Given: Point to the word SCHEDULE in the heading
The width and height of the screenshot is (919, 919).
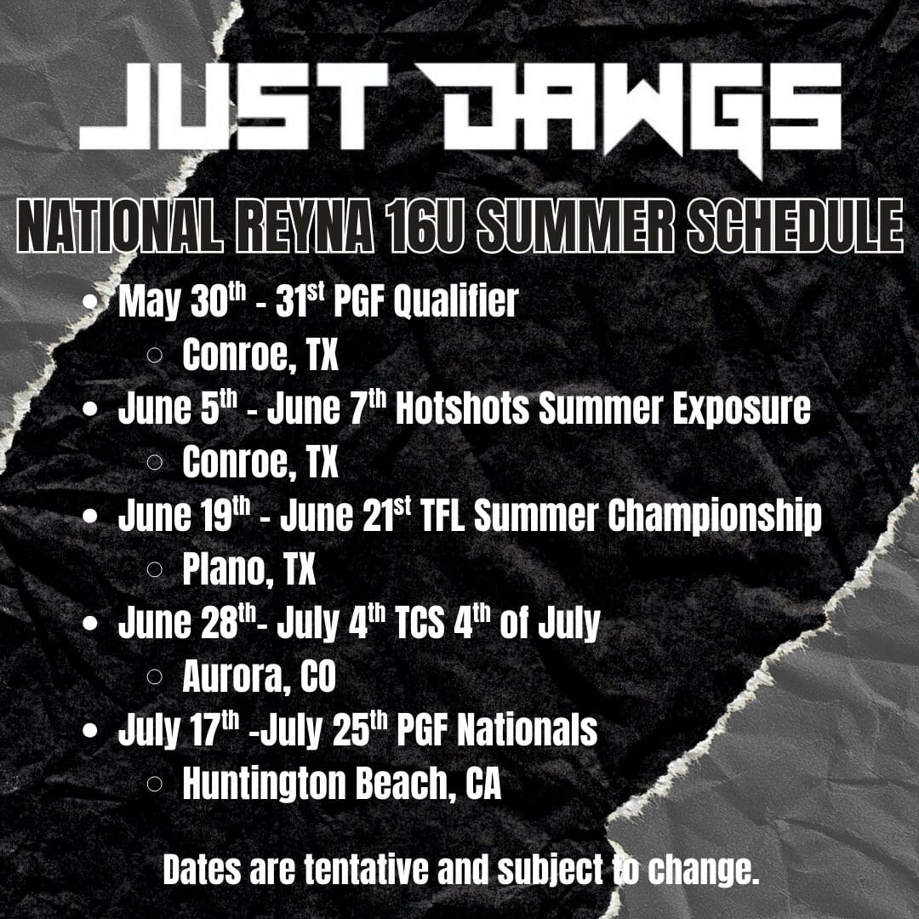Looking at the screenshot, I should (795, 226).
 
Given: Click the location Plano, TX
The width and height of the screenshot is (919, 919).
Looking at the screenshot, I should (248, 571).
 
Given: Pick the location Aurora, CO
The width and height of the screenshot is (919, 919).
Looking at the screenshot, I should (259, 678).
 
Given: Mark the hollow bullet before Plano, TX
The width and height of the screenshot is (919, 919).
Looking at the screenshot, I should (155, 571).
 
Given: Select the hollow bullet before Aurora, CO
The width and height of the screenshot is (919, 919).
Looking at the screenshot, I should (155, 678).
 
